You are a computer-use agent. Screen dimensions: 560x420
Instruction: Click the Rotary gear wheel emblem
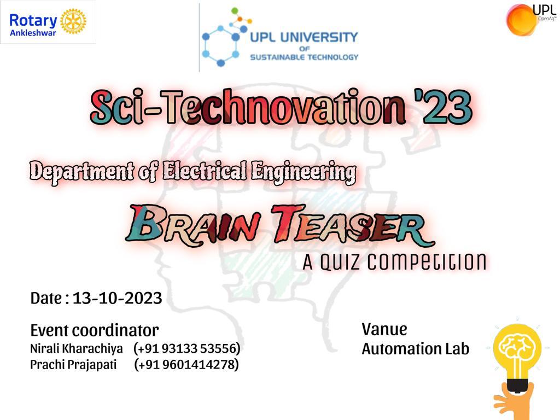[73, 21]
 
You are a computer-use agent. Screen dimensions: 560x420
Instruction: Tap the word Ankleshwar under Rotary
[33, 33]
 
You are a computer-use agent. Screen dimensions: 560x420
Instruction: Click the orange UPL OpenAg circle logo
[521, 20]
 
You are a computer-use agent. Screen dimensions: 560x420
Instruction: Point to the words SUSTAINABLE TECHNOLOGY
[304, 57]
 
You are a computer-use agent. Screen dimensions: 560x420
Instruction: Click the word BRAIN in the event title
[193, 226]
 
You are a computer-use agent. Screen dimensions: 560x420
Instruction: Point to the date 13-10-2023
[117, 298]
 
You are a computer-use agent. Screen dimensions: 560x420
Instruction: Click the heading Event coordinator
[95, 330]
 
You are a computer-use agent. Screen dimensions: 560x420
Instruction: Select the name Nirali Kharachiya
[76, 348]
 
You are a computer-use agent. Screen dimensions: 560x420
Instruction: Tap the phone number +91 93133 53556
[187, 348]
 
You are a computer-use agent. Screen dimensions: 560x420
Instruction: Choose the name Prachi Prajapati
[73, 365]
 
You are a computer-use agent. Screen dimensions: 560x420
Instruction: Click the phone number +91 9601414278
[186, 365]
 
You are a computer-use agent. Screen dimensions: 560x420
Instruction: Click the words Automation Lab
[416, 348]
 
